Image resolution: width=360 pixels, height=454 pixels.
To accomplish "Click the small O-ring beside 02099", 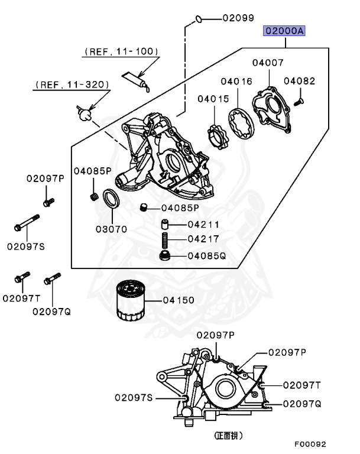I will click(199, 19).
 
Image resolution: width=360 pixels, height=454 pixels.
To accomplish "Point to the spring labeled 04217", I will click(166, 239).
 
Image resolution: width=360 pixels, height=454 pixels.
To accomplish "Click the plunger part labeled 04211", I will click(166, 224).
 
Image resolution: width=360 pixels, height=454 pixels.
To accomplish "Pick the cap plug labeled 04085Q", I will click(166, 256).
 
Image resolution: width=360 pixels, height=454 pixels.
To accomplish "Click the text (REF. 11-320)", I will click(71, 85).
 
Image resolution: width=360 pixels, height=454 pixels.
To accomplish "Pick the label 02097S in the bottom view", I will click(134, 398).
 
